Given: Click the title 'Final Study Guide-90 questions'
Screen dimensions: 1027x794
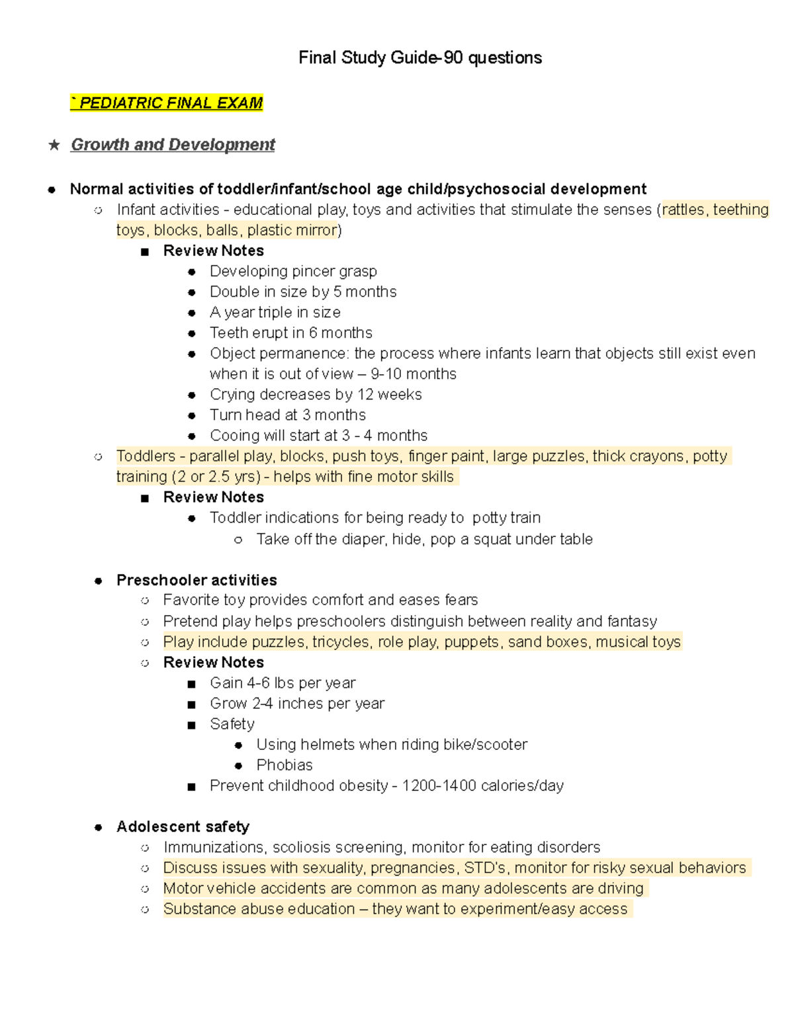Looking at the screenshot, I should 419,58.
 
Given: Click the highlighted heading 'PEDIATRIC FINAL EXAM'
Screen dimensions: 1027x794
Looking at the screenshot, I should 171,103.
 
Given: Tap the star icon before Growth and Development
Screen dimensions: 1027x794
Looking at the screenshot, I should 54,145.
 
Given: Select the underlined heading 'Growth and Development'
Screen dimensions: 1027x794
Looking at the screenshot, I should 173,145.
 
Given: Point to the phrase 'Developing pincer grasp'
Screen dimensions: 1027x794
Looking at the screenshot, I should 293,271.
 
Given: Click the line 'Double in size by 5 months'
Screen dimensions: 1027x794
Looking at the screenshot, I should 303,292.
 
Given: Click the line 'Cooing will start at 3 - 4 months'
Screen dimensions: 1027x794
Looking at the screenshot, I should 318,435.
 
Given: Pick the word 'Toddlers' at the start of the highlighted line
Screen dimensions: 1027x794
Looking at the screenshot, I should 146,456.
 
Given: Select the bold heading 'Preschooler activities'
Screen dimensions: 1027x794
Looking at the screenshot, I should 197,580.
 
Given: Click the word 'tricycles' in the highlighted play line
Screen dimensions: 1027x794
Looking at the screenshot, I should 341,641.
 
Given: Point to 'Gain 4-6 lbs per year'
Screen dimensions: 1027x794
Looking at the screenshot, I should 283,682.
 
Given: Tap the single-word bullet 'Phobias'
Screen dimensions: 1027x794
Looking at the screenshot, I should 285,764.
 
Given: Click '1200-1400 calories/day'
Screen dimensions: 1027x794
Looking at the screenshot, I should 482,786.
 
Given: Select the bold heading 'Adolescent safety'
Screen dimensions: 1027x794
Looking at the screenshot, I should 183,827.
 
